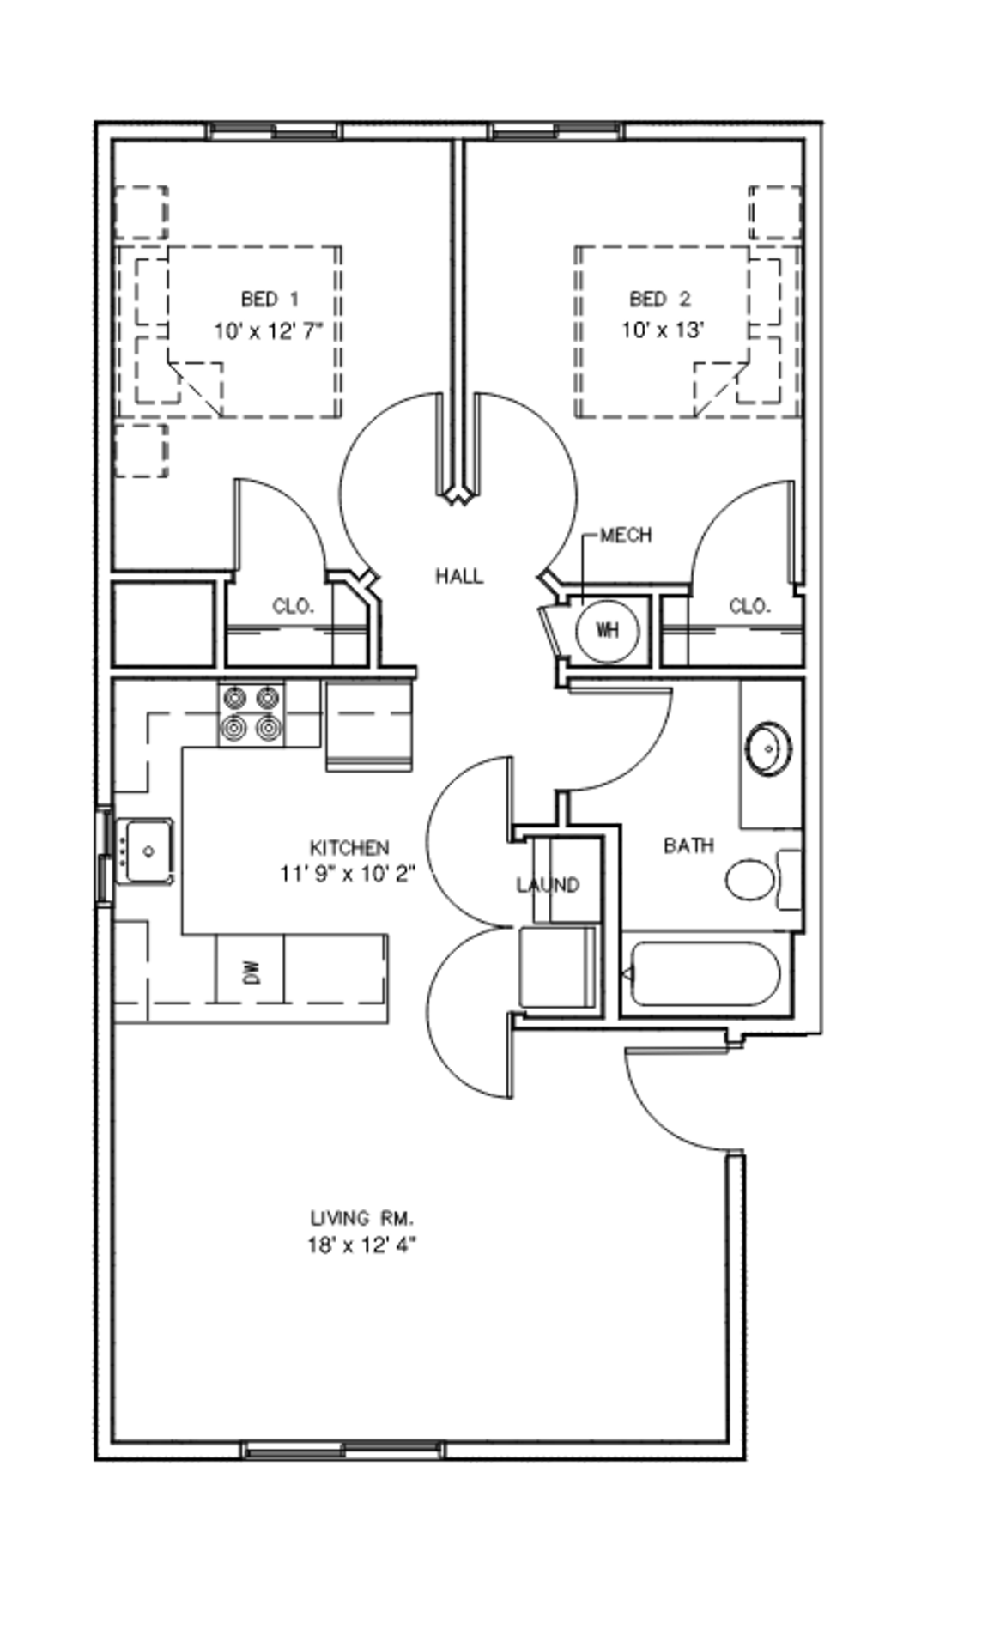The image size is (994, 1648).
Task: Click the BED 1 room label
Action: click(270, 299)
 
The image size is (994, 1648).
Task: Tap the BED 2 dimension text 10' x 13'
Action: click(663, 330)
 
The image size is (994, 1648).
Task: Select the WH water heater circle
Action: click(607, 631)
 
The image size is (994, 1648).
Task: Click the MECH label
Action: click(625, 535)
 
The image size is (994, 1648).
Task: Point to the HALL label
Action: click(459, 576)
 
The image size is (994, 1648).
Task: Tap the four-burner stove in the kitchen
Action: click(251, 714)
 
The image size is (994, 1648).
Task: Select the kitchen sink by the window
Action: click(146, 851)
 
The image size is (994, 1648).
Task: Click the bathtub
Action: click(705, 974)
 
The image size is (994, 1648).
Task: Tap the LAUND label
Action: click(548, 884)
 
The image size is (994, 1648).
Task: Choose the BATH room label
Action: click(688, 845)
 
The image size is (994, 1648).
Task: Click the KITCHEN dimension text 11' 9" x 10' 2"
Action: click(348, 874)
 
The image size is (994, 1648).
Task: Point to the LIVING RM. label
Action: click(362, 1217)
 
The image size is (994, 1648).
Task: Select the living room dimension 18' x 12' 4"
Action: click(362, 1245)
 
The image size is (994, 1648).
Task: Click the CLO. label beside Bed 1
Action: click(293, 606)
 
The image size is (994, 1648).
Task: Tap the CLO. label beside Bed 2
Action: click(749, 606)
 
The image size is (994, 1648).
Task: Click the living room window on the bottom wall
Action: click(343, 1451)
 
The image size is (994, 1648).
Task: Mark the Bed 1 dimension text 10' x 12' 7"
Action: click(269, 330)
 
